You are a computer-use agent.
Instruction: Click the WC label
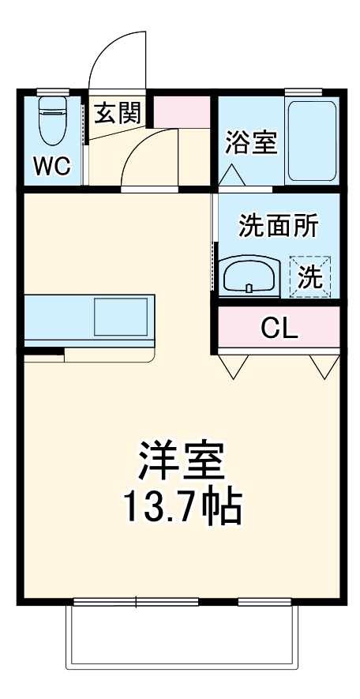(x=52, y=167)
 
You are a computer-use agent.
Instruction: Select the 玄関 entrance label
(x=118, y=114)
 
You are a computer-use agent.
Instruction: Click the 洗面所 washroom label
(x=278, y=227)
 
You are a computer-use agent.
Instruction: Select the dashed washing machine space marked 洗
(x=310, y=276)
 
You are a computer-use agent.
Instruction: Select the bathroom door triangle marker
(x=234, y=175)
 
